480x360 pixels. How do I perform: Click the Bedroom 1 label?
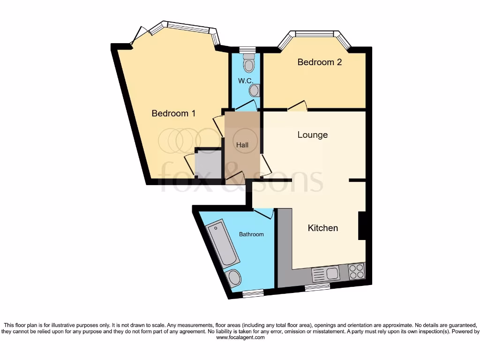[x=173, y=113]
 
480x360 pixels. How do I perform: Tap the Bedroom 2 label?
[x=320, y=62]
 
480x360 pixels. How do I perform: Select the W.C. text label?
[x=245, y=81]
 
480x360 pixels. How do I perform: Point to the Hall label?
[x=242, y=145]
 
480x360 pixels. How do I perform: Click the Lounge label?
[x=313, y=135]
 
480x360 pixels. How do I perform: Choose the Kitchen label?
[x=323, y=228]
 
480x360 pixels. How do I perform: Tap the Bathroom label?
[x=252, y=234]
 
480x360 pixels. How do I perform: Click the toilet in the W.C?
[x=248, y=62]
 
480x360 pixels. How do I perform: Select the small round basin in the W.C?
[x=255, y=90]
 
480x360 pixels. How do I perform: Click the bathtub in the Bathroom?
[x=223, y=244]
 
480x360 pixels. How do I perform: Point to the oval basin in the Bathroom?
[x=233, y=279]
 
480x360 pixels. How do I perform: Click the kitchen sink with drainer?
[x=326, y=273]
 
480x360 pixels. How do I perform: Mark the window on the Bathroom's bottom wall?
[x=253, y=293]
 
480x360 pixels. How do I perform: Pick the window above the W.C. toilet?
[x=247, y=49]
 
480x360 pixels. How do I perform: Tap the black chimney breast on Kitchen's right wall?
[x=362, y=225]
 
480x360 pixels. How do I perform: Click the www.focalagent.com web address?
[x=240, y=337]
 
